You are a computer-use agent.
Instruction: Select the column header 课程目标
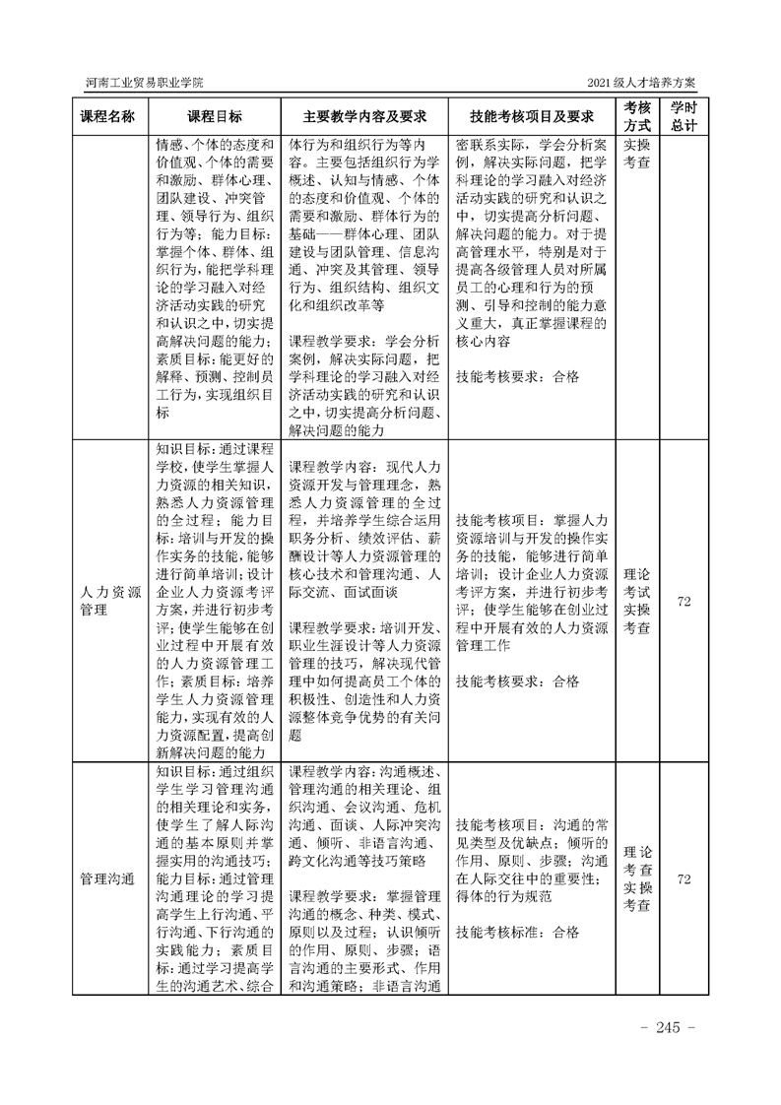coord(215,116)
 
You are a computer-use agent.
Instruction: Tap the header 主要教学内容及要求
coord(363,116)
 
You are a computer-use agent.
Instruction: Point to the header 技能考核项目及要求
coord(532,116)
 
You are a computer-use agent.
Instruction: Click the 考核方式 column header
coord(637,116)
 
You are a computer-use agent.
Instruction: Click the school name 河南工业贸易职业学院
coord(145,82)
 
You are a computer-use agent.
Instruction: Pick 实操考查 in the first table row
coord(637,153)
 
